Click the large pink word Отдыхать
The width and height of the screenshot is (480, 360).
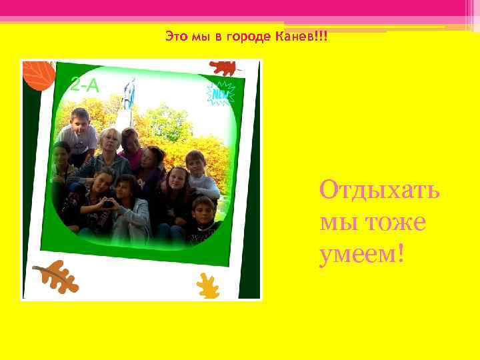point(379,190)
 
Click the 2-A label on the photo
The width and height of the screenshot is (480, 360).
point(85,85)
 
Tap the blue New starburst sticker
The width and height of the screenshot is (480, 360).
point(220,94)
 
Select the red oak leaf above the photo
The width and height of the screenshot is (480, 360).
point(223,67)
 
